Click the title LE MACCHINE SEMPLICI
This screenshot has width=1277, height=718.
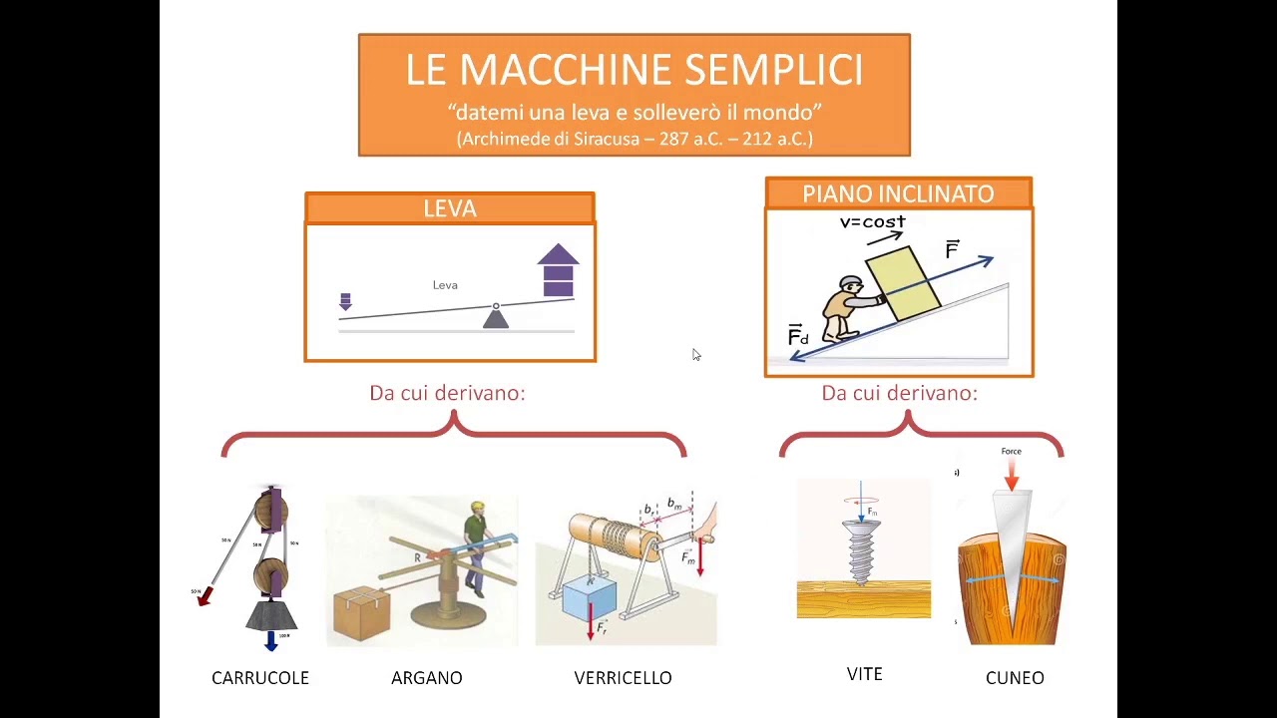tap(634, 70)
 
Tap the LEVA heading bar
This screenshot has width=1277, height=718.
tap(450, 208)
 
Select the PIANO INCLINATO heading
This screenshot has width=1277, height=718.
tap(898, 193)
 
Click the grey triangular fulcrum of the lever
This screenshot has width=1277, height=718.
tap(496, 318)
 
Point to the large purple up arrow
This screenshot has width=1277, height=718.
tap(558, 270)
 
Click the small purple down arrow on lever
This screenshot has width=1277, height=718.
tap(345, 301)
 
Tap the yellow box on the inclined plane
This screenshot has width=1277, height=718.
tap(902, 284)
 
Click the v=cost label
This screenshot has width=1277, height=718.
tap(872, 221)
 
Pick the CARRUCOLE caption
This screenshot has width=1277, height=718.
tap(260, 678)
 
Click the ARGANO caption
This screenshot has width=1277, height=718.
tap(426, 678)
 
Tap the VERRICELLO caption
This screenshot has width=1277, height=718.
tap(623, 678)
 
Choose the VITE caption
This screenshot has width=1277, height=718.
tap(864, 675)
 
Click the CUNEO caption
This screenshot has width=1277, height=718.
tap(1015, 678)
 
